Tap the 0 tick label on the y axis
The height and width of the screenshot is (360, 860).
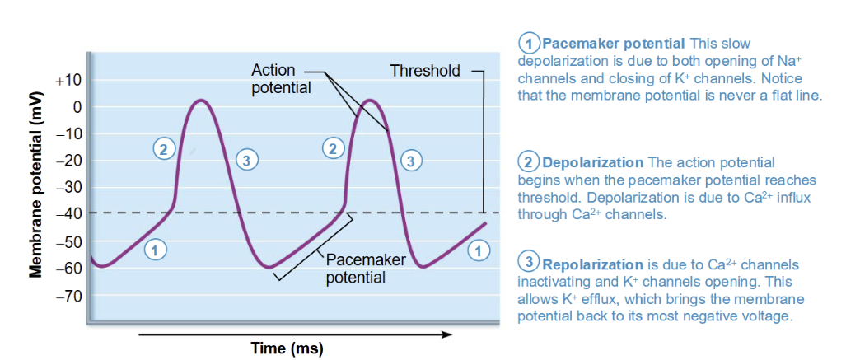(x=77, y=107)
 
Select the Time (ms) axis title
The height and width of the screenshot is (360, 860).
(x=287, y=348)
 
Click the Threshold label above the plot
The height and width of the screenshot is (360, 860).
(x=425, y=71)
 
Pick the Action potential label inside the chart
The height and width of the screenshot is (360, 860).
(x=281, y=79)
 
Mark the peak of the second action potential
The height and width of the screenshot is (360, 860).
(x=371, y=101)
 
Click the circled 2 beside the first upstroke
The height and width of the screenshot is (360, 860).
(x=163, y=149)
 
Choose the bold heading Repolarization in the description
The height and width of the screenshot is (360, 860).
(x=592, y=264)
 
